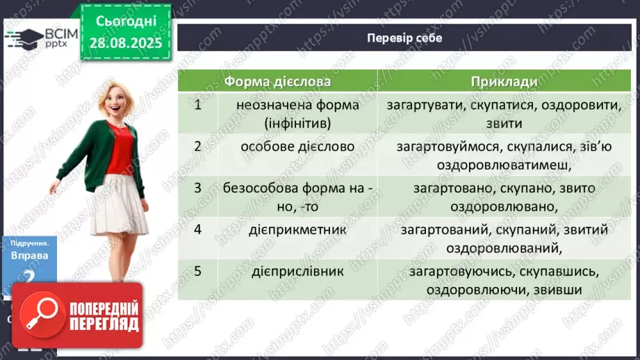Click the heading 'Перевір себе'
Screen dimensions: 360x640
(x=404, y=38)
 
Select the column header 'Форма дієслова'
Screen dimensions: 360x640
(x=277, y=81)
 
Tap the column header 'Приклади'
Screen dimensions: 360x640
(x=504, y=81)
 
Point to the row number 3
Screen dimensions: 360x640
(x=198, y=188)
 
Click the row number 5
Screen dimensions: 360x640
(x=198, y=272)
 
